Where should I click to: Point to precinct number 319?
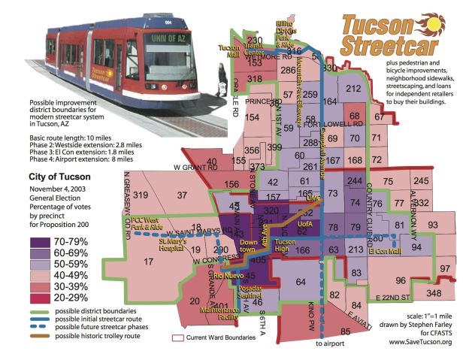tap(141, 195)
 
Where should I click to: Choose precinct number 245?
tap(420, 181)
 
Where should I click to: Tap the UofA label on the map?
tap(304, 226)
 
